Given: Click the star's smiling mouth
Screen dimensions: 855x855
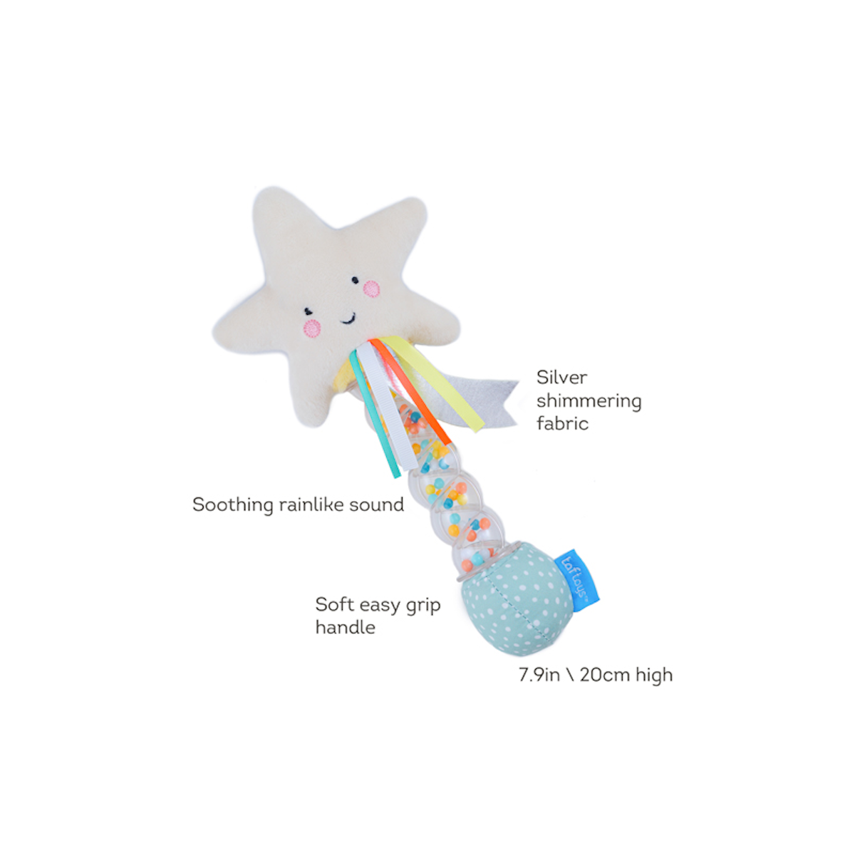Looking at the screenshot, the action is pos(348,319).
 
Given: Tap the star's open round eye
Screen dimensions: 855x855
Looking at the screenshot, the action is pos(355,280).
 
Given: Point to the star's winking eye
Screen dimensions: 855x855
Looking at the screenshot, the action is pos(308,311).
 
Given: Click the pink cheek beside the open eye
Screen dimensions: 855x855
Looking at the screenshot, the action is pos(371,289).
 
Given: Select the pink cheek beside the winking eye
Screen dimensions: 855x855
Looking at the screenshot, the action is pos(312,328).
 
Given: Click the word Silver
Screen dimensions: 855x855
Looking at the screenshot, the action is pos(561,378).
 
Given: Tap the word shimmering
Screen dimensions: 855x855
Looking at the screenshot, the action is pos(589,402).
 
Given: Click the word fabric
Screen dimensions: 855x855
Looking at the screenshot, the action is pos(562,423).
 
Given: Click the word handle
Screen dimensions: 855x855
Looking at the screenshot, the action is pos(345,628).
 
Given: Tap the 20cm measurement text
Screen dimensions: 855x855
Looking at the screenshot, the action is pos(605,675).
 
